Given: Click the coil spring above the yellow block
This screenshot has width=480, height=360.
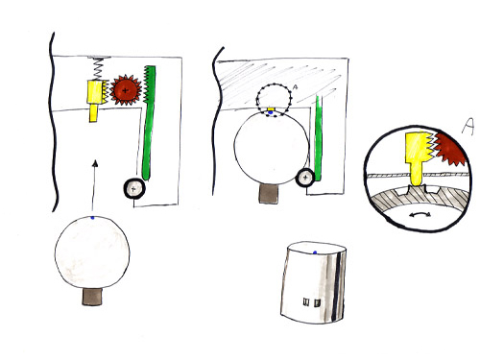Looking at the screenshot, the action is point(99,68).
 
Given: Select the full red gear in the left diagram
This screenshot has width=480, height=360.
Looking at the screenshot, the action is point(126,90).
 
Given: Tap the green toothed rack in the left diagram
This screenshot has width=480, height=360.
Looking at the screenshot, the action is point(148,123).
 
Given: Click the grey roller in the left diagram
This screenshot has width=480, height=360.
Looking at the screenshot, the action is point(134,189).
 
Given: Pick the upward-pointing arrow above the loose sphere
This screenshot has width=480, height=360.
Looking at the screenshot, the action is point(94,185).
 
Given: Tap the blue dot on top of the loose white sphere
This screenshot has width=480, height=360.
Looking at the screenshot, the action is point(92,218).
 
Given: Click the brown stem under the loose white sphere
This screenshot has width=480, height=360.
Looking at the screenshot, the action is point(92,297).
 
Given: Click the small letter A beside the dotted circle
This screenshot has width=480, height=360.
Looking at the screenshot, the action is point(295,86).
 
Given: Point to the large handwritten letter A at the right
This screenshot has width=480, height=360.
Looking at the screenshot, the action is point(468,127).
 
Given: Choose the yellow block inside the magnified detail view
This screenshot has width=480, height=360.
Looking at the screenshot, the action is point(418,156).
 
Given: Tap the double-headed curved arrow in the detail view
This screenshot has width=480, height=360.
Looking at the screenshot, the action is point(420,215).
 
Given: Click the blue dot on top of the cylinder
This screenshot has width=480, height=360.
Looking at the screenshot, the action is point(315,252).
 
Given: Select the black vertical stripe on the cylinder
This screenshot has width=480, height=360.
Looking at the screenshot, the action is point(336,287).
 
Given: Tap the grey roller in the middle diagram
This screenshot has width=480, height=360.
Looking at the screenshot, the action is point(305,178).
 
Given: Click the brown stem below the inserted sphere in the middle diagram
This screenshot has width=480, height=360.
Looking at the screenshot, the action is point(268,194).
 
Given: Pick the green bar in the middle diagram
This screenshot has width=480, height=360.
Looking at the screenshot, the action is point(318,138).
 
